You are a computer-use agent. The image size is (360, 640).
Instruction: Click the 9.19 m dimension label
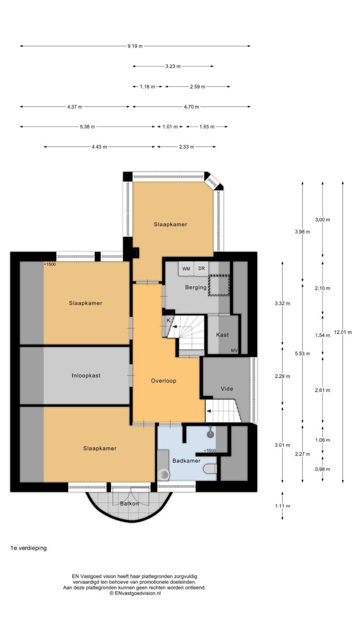coord(135,46)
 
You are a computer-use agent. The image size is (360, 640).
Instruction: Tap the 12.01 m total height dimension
coord(343,332)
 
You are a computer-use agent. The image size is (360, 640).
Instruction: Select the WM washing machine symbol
coord(186,269)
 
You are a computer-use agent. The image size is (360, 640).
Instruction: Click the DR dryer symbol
coord(202,269)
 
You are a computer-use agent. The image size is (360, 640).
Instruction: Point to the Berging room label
coord(196,287)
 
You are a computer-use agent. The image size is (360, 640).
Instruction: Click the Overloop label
coord(164,381)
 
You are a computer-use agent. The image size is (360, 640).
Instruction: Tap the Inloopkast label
coord(86,376)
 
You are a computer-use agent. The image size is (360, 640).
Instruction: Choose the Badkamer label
coord(186,460)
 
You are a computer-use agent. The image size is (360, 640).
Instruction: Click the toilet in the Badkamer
coord(210,469)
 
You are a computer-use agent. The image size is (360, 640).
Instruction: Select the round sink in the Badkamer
coord(164,475)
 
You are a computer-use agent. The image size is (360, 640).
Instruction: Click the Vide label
coord(227,389)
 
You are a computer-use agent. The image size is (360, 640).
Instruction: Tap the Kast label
coord(222,335)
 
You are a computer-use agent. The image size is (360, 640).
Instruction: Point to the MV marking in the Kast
coord(234,351)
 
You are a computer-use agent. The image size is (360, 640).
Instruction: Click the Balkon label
coord(129,504)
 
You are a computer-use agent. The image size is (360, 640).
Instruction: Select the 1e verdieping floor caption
coord(29,548)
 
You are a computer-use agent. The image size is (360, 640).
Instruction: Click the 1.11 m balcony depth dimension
coord(283,506)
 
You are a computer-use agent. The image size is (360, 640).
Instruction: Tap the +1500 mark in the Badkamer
coord(210,451)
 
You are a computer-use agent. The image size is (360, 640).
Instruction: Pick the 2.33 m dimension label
coord(187,147)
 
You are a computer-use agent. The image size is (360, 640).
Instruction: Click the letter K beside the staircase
coord(168,320)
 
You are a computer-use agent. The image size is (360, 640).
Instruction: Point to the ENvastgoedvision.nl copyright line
coord(135,593)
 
